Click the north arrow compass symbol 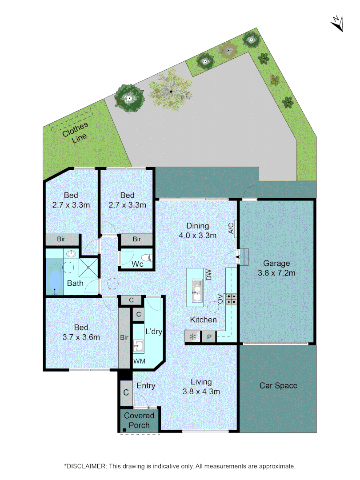[x=337, y=24]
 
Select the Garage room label [x=276, y=268]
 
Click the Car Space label [x=278, y=386]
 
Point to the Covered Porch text [x=139, y=420]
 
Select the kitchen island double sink [x=196, y=288]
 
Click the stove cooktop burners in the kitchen [x=231, y=299]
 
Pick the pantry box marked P [x=209, y=337]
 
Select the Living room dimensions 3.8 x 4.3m [x=201, y=392]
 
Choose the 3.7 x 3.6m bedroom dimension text [x=81, y=337]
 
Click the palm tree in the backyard [x=171, y=91]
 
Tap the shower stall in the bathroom [x=89, y=268]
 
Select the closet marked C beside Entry [x=126, y=392]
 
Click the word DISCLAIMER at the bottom [x=86, y=466]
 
